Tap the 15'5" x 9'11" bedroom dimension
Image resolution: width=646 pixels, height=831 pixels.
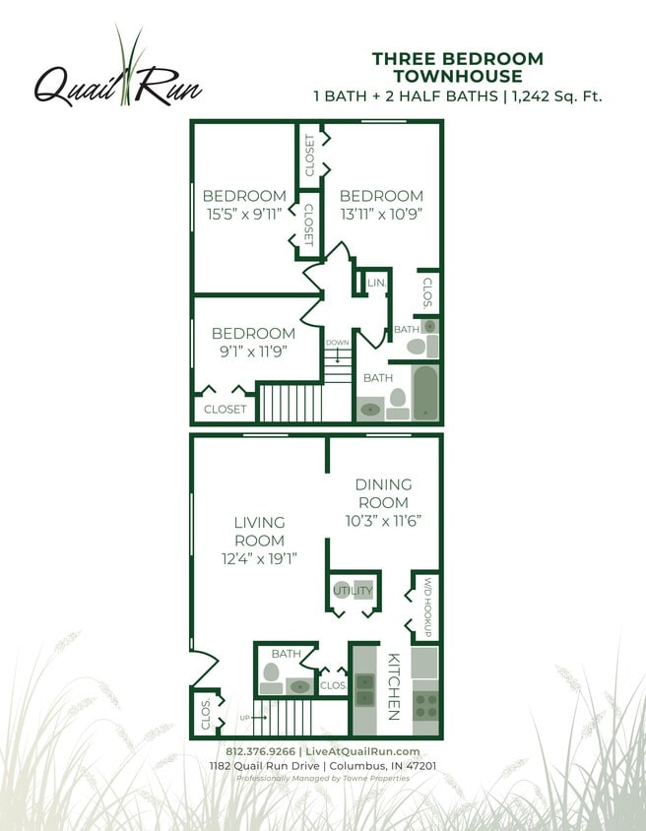[x=244, y=213]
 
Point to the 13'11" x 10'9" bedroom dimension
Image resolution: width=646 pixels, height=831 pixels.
[x=381, y=213]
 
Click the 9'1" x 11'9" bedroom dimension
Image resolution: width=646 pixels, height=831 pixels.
[x=253, y=351]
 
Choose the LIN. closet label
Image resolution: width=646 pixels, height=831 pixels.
[x=376, y=284]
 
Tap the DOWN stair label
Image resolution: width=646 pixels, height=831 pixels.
[x=338, y=343]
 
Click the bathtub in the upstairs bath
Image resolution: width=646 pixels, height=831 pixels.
[x=424, y=393]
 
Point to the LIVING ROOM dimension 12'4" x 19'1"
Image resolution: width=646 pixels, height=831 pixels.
[x=259, y=558]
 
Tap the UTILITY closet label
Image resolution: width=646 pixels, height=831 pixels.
[x=353, y=591]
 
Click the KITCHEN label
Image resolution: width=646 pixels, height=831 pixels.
[x=392, y=686]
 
